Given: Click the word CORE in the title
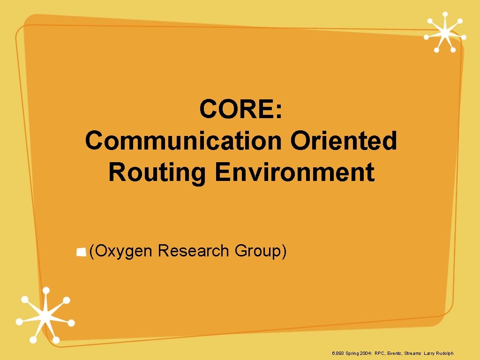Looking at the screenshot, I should pos(236,110).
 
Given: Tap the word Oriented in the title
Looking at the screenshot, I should pos(343,141).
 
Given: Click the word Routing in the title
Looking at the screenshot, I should pos(157,172).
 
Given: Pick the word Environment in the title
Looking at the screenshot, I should pos(295,172).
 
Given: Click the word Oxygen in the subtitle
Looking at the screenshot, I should pos(124,251).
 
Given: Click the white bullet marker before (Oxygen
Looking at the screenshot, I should pos(82,253).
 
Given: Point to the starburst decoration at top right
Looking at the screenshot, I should pos(444,32).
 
